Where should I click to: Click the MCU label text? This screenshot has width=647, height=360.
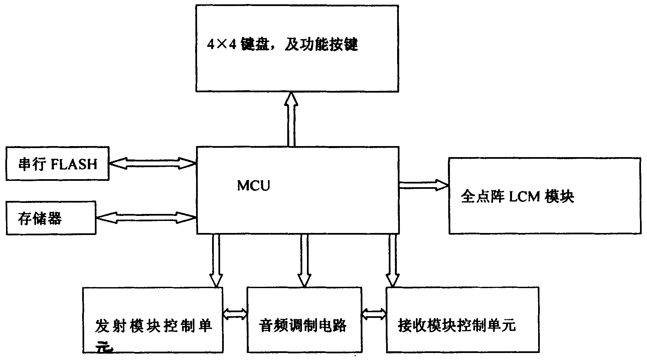(x=253, y=186)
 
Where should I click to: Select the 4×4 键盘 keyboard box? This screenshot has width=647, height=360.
(x=297, y=67)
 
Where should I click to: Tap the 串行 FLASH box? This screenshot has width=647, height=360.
(x=57, y=163)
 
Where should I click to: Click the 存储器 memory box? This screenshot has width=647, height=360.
(x=51, y=218)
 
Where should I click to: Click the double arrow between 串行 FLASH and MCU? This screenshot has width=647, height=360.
(x=152, y=163)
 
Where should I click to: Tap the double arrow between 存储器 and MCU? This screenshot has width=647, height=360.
(x=146, y=218)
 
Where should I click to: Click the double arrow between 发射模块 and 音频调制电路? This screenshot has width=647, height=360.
(x=235, y=314)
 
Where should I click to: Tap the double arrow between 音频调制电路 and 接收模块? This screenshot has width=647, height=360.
(x=374, y=314)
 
